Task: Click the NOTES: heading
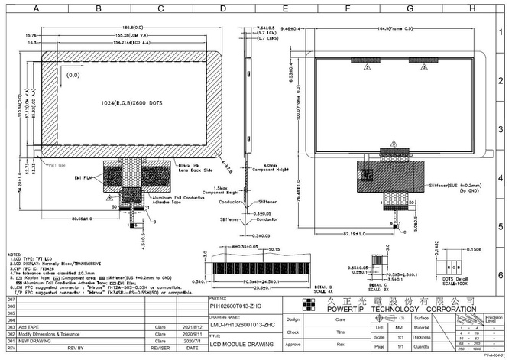point(15,253)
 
